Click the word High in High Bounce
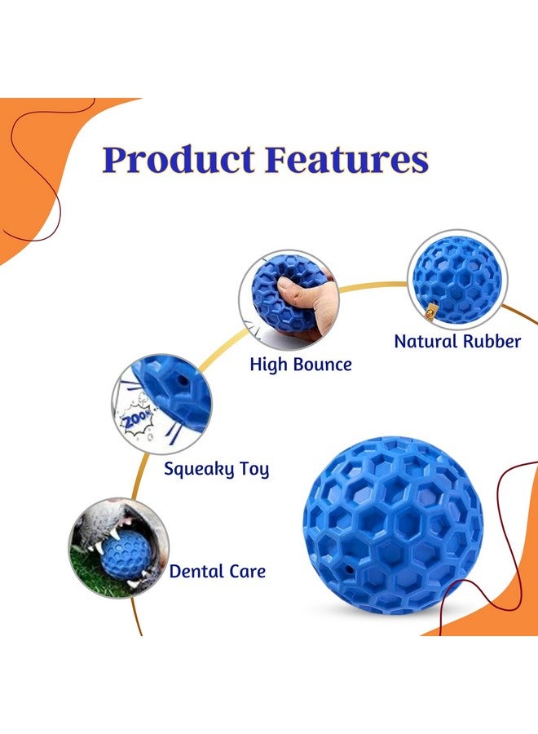(268, 365)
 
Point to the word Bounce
(322, 365)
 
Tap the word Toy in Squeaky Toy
(252, 469)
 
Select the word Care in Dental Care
(245, 572)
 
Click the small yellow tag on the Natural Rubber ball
(430, 310)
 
